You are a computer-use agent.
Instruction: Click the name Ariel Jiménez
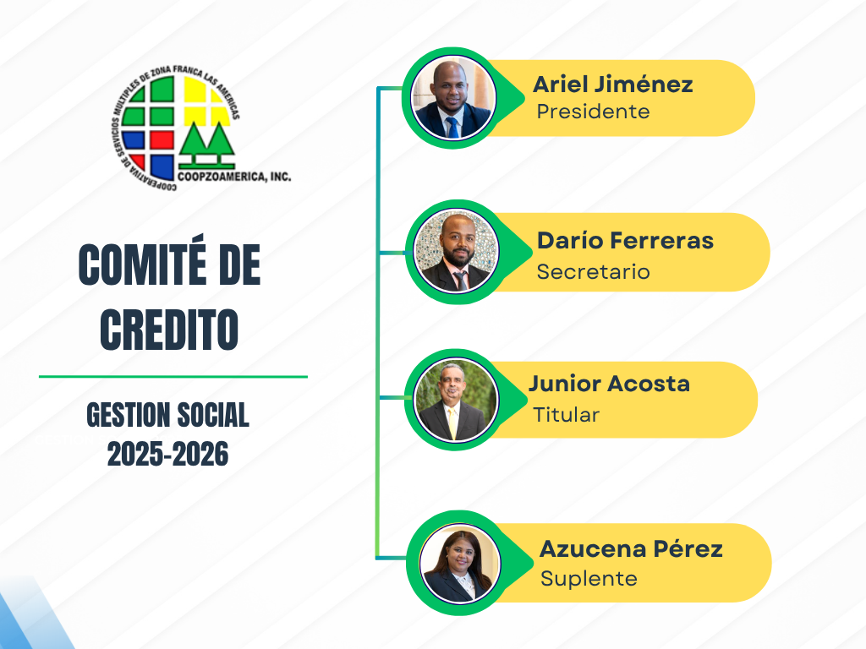pos(612,85)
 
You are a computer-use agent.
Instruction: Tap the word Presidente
pos(593,112)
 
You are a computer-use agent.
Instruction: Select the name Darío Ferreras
pos(625,241)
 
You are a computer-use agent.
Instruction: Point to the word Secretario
pos(593,271)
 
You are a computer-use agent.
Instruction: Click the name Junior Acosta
pos(609,384)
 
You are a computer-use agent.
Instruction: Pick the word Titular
pos(566,414)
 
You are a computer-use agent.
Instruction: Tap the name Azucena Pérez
pos(631,549)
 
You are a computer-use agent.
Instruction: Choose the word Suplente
pos(589,578)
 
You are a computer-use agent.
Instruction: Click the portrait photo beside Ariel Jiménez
pos(453,98)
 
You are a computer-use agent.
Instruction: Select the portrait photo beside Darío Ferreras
pos(456,252)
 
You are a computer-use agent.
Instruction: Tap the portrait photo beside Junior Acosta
pos(456,400)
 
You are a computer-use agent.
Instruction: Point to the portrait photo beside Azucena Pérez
pos(459,563)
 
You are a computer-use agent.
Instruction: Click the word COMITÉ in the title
pos(142,265)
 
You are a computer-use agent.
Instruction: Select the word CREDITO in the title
pos(169,330)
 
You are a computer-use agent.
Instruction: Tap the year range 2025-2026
pos(168,454)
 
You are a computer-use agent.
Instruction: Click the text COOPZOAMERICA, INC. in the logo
pos(234,177)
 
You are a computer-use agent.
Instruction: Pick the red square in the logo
pos(162,140)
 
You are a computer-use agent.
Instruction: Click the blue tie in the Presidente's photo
pos(452,128)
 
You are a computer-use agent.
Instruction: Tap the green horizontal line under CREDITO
pos(173,377)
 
